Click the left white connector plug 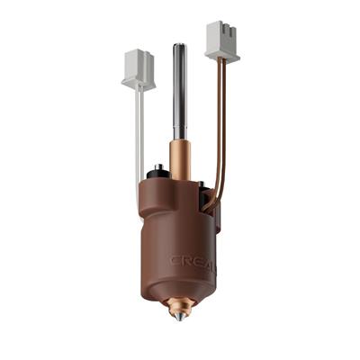pos(139,70)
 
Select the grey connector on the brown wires pos(221,40)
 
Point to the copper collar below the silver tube pos(180,151)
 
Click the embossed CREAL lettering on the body pos(193,261)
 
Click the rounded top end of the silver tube pos(180,46)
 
